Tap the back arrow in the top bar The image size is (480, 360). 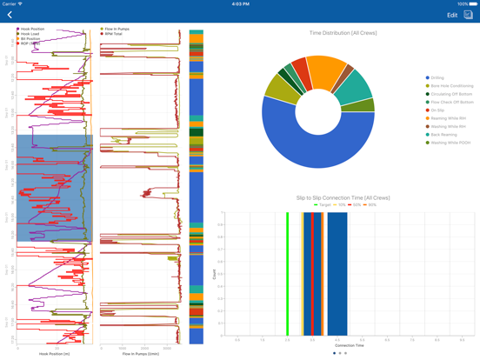click(10, 15)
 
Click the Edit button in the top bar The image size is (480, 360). click(451, 16)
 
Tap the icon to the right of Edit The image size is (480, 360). click(468, 15)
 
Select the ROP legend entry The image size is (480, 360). click(29, 43)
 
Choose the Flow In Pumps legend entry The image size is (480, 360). click(117, 29)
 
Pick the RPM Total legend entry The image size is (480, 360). click(114, 34)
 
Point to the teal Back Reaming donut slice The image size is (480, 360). click(353, 88)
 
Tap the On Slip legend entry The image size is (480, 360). click(438, 110)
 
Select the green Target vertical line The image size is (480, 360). click(287, 273)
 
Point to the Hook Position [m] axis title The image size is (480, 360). click(56, 354)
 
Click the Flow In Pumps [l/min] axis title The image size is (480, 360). click(140, 354)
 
